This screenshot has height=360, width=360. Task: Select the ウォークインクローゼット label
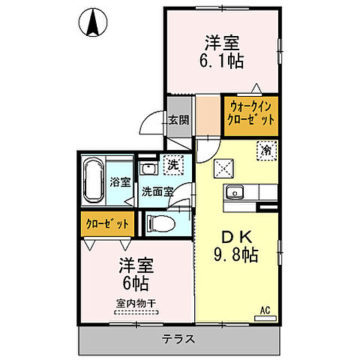pos(252,113)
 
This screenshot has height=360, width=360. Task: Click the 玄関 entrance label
pos(178,119)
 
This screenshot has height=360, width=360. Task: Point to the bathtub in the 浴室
pos(94,180)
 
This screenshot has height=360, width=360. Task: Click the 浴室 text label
pos(119,180)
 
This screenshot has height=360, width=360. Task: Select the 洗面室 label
pos(157,190)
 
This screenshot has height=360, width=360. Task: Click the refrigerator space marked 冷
pos(265,149)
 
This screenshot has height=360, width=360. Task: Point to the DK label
pos(237,233)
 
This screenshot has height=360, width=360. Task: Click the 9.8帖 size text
pos(238,254)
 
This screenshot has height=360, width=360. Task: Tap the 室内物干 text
pos(135,303)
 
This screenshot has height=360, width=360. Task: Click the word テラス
pos(178,339)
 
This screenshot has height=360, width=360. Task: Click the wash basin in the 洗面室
pos(148,168)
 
